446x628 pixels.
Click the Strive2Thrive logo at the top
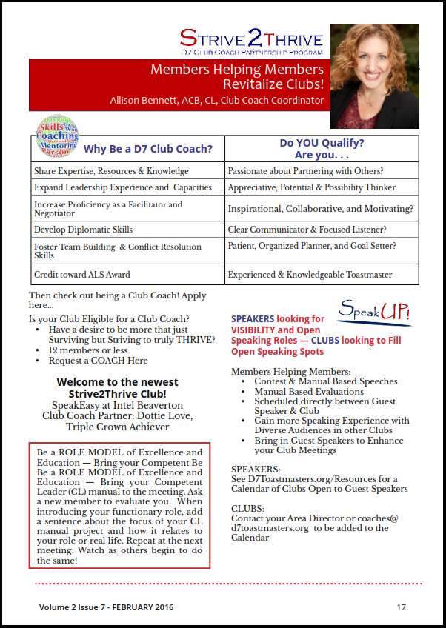click(252, 41)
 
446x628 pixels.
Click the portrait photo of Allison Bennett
click(374, 76)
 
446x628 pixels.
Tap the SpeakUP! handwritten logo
click(374, 313)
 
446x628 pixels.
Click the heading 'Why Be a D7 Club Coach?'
click(148, 149)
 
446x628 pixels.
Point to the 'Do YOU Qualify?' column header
click(322, 143)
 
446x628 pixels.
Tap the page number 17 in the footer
click(401, 607)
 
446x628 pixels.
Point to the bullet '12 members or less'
click(88, 350)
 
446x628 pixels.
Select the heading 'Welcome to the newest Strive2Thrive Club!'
click(117, 388)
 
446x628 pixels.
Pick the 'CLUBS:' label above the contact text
click(247, 509)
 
